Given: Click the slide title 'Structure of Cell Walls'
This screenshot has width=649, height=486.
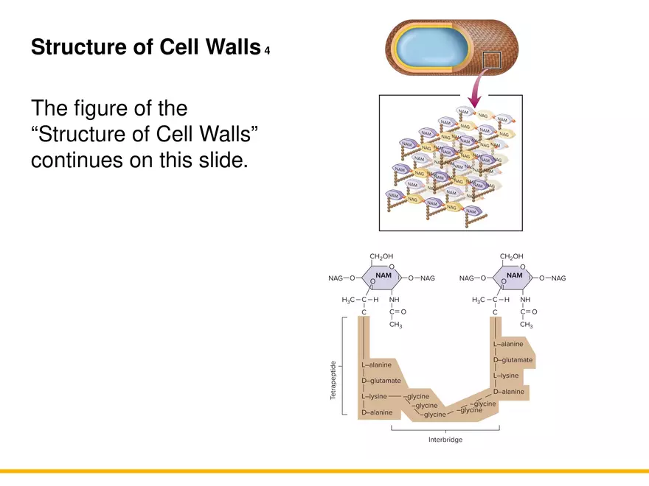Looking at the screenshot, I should coord(145,48).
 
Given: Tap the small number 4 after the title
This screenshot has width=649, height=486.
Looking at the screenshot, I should coord(267,52).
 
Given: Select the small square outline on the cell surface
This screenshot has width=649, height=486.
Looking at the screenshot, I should coord(491,62).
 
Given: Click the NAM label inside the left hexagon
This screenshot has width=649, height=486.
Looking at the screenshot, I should coord(384,275).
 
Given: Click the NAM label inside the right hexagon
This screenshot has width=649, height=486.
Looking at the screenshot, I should coord(515,275).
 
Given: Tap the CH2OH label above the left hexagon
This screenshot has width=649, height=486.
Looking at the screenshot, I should coord(381,256).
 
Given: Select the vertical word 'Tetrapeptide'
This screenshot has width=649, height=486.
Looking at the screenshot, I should coord(334,381).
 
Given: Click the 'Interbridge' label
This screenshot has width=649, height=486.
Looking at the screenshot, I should coord(445,440).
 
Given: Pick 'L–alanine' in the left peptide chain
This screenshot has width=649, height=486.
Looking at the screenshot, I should coord(377,364).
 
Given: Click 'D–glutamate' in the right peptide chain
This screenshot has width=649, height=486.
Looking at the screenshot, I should coord(513,359).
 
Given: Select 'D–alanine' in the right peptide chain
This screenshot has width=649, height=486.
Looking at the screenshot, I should coord(508,391).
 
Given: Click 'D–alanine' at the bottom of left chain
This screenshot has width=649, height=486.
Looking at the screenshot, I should coord(377,412).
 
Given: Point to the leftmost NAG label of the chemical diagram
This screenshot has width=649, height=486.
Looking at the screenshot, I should coord(336,278).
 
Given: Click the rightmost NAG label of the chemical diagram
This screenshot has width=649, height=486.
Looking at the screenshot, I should coord(558,278).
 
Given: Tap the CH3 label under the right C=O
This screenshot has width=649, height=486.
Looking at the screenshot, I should coord(526,324).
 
